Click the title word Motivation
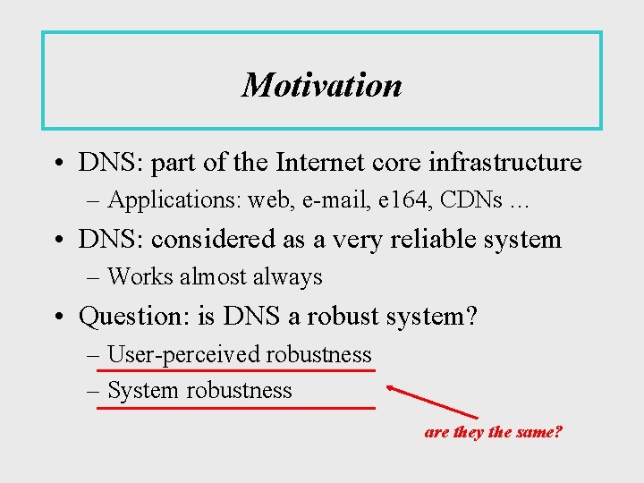(x=322, y=85)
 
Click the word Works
(x=140, y=277)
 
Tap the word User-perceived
(x=182, y=355)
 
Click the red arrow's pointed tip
(x=388, y=387)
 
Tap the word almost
(x=213, y=277)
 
